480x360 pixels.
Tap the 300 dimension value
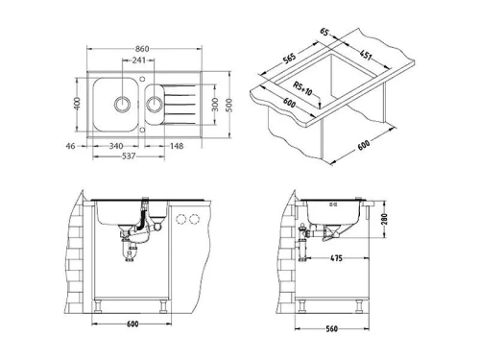[216, 103]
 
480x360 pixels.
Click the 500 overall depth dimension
[229, 103]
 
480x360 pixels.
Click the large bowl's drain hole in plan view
[124, 102]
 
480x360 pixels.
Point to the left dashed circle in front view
[181, 220]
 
